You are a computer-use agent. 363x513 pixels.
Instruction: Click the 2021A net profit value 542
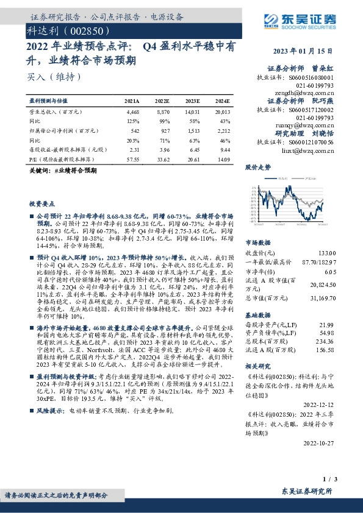[x=135, y=130]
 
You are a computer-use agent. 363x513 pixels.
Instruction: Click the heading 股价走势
[x=258, y=166]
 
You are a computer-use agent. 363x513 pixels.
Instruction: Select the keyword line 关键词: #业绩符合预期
[x=63, y=172]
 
